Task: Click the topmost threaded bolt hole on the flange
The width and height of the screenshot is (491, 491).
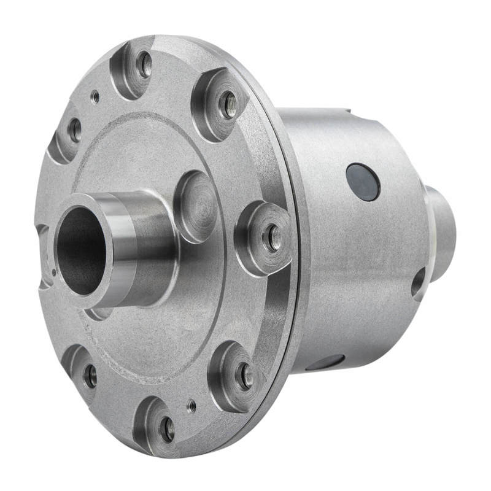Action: [x=144, y=64]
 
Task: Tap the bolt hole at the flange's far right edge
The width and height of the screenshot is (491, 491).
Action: [x=272, y=236]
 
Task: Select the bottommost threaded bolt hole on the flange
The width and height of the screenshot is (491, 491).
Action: [x=167, y=429]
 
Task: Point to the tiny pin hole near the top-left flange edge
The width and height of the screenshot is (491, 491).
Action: [x=95, y=96]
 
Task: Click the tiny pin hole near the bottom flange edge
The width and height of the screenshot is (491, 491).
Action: [x=191, y=405]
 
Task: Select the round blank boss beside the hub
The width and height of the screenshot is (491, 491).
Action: [x=196, y=206]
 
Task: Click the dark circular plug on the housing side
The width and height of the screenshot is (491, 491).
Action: [x=363, y=182]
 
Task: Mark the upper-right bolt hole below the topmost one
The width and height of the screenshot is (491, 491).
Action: [x=228, y=104]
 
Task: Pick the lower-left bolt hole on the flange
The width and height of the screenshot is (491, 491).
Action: [x=90, y=376]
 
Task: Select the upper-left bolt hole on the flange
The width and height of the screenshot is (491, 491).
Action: [x=75, y=129]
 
